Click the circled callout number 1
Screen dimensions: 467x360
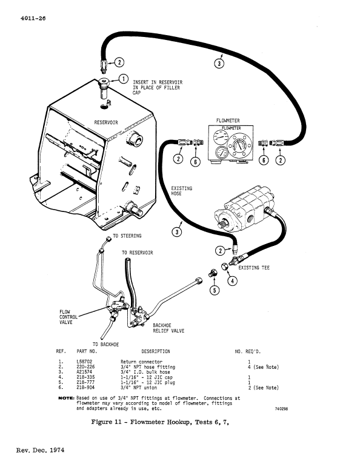[x=123, y=78]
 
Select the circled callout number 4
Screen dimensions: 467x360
[x=233, y=280]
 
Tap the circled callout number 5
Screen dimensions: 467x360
[x=213, y=290]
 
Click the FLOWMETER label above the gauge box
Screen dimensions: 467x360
[x=228, y=121]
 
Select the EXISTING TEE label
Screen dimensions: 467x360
[x=254, y=267]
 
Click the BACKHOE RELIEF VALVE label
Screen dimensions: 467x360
[x=168, y=328]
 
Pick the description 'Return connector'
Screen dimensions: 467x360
[x=141, y=362]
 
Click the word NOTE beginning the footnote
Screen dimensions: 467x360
[x=65, y=399]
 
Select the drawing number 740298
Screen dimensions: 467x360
[x=284, y=409]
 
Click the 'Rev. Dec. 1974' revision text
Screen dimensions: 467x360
[x=41, y=451]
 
